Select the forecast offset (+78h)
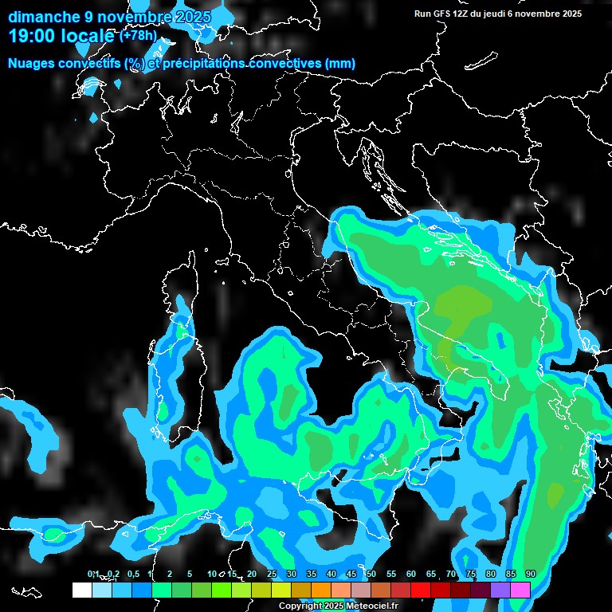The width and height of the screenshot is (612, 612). tap(138, 35)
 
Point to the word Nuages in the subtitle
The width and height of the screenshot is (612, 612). tap(31, 64)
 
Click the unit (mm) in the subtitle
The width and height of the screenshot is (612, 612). tap(340, 64)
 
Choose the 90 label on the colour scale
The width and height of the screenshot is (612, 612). tap(531, 575)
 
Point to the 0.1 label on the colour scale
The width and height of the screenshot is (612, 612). tap(93, 575)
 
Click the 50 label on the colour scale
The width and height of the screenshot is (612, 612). tap(371, 575)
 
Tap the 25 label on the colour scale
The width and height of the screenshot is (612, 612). tap(272, 575)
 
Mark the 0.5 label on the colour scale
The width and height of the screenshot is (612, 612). tap(132, 575)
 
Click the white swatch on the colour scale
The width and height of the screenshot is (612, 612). tap(81, 590)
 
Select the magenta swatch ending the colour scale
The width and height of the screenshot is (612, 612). tap(520, 590)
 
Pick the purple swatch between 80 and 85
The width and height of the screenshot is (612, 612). tap(500, 590)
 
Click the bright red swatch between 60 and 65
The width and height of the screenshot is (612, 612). tap(421, 590)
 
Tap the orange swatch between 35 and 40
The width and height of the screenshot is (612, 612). tap(321, 590)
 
